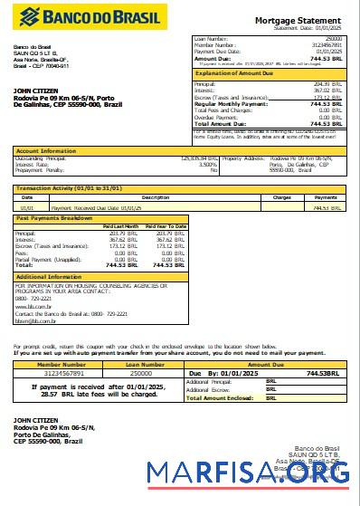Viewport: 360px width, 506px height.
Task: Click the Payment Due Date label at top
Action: tap(218, 51)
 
